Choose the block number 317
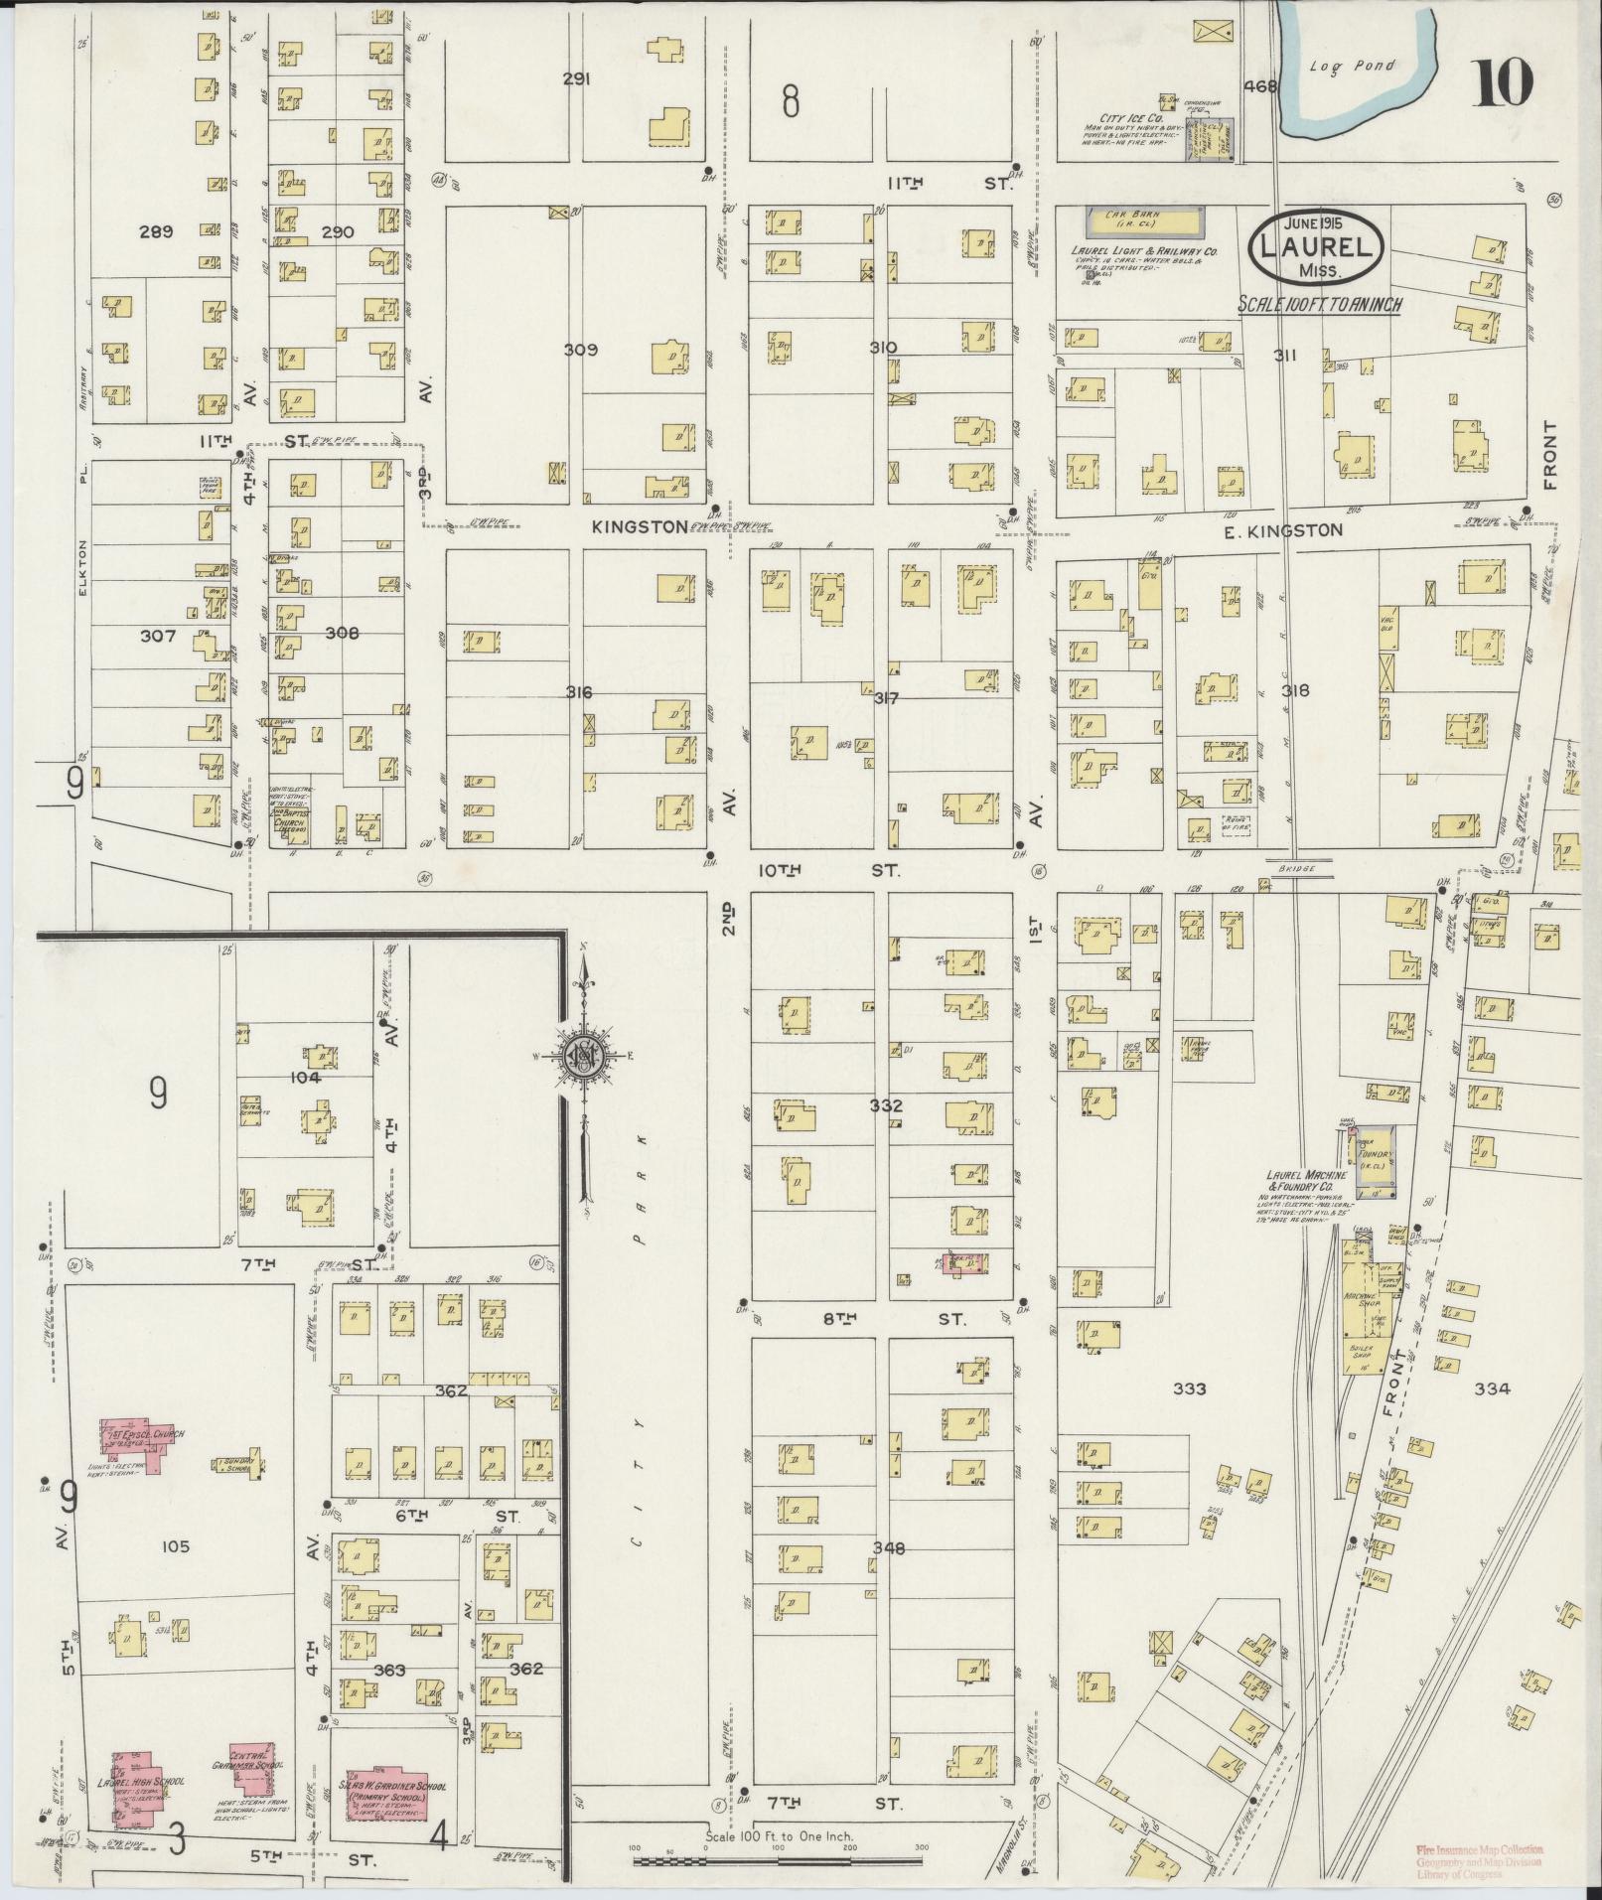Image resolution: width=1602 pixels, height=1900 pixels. tap(885, 698)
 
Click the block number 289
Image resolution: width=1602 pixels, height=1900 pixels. tap(156, 231)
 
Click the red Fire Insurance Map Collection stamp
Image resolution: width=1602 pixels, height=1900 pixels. tap(1480, 1860)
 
